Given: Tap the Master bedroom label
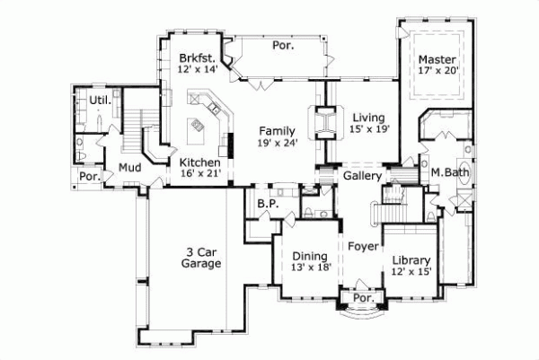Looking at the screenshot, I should [437, 61].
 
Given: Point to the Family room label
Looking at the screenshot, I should [277, 128].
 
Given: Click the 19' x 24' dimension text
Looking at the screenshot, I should [277, 141].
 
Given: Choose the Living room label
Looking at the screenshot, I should [367, 117].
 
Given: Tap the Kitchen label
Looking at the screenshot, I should [199, 162].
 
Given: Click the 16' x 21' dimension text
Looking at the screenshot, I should [199, 174].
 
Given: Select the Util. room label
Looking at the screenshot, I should [100, 101].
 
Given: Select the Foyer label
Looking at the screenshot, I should [362, 243].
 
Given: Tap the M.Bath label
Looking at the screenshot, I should [446, 172].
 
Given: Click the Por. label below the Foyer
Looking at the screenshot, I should [363, 297].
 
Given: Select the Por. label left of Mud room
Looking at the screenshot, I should [89, 177].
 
